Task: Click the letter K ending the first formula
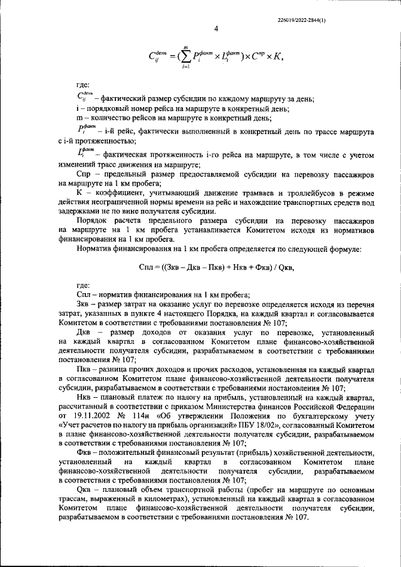point(274,58)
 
